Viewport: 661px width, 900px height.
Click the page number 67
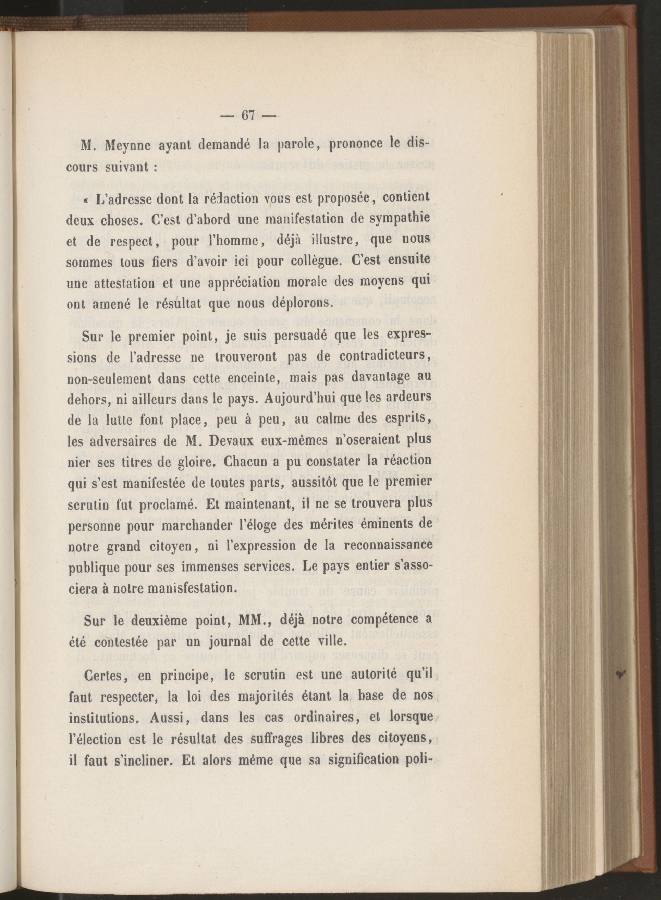click(x=248, y=115)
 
